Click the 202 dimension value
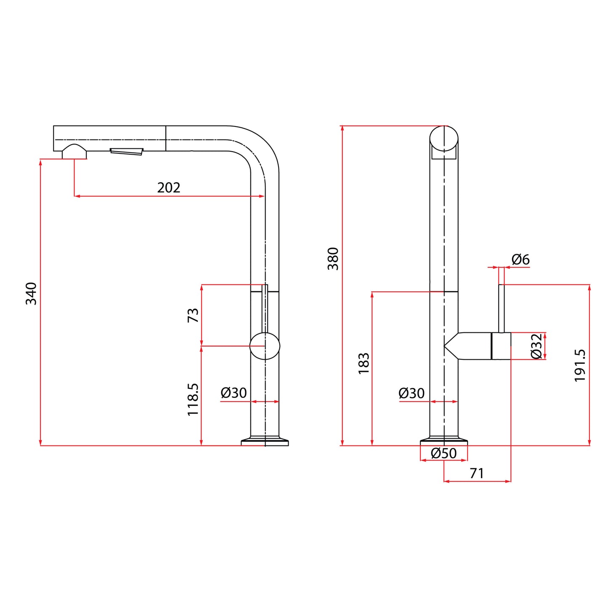(168, 188)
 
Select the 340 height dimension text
(31, 294)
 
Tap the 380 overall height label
(333, 259)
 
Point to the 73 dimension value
(193, 315)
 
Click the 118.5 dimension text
(193, 399)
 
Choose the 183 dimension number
(364, 363)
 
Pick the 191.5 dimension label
(580, 366)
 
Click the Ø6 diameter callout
(520, 259)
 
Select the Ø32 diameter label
(536, 346)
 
